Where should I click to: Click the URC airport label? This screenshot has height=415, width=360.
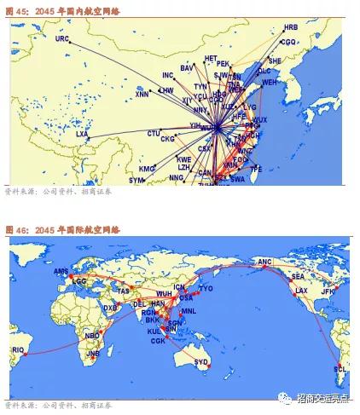point(62,39)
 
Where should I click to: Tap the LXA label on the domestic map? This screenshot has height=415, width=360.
point(82,134)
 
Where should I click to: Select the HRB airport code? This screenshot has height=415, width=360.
point(292,28)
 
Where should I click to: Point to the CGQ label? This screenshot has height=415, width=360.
point(288,41)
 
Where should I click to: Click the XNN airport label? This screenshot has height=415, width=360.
point(142,95)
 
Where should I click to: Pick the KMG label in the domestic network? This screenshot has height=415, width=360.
point(147,168)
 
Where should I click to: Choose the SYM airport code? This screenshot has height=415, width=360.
point(137,181)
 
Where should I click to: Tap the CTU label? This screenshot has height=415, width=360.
point(154,134)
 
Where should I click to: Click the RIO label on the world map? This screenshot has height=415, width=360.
point(18,349)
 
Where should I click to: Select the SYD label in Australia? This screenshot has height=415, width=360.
point(201,361)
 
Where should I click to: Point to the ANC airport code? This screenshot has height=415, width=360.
point(264,262)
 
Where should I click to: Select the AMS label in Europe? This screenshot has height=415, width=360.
point(61,271)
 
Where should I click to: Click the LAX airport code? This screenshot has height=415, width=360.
point(302,291)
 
